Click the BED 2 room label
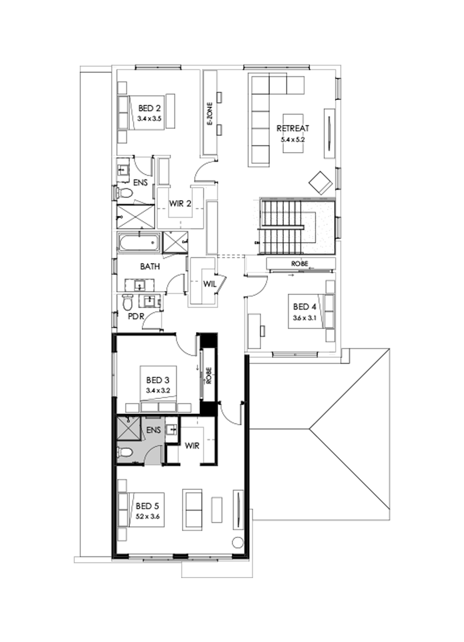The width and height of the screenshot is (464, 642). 150,109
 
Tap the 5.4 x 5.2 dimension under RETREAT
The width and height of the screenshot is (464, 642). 292,139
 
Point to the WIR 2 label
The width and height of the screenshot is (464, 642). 180,203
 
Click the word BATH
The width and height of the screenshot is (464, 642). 150,267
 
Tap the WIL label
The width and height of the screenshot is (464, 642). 209,283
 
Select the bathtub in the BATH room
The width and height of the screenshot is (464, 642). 138,242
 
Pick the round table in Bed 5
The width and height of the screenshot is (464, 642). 238,542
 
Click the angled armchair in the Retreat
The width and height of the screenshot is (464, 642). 320,182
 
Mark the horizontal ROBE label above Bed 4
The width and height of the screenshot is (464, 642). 300,264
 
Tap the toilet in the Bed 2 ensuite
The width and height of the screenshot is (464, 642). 124,193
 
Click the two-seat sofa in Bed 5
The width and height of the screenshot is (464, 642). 193,509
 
